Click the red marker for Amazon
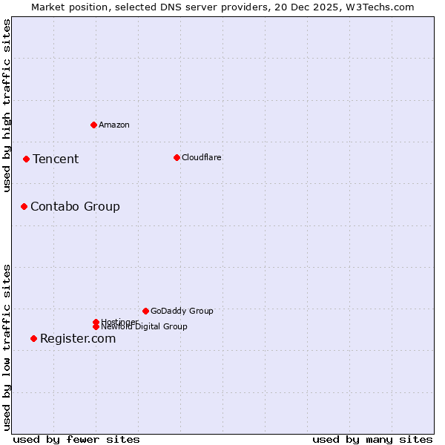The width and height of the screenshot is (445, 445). [x=93, y=125]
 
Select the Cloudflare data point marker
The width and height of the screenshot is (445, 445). [x=177, y=157]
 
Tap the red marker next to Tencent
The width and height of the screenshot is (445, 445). [x=26, y=159]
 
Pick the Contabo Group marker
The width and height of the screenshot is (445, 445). [x=24, y=206]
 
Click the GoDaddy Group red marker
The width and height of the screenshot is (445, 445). [x=145, y=311]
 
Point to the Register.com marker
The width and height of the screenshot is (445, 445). [x=33, y=338]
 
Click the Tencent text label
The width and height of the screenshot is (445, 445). [x=56, y=159]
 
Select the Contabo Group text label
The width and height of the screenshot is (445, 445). [x=75, y=206]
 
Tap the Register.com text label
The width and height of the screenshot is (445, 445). [x=78, y=338]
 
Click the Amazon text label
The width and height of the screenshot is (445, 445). [x=114, y=125]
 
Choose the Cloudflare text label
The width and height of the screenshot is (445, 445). [x=202, y=157]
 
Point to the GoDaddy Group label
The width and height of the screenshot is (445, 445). [x=182, y=311]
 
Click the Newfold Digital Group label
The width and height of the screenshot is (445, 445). [x=144, y=327]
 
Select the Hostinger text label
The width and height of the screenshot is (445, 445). [x=119, y=321]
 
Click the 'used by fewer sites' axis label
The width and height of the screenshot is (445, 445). [x=76, y=439]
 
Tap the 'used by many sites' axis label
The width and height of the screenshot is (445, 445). [x=372, y=439]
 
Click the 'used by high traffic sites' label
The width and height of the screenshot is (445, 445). [x=7, y=105]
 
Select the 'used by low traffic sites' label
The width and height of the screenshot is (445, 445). [x=7, y=347]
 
